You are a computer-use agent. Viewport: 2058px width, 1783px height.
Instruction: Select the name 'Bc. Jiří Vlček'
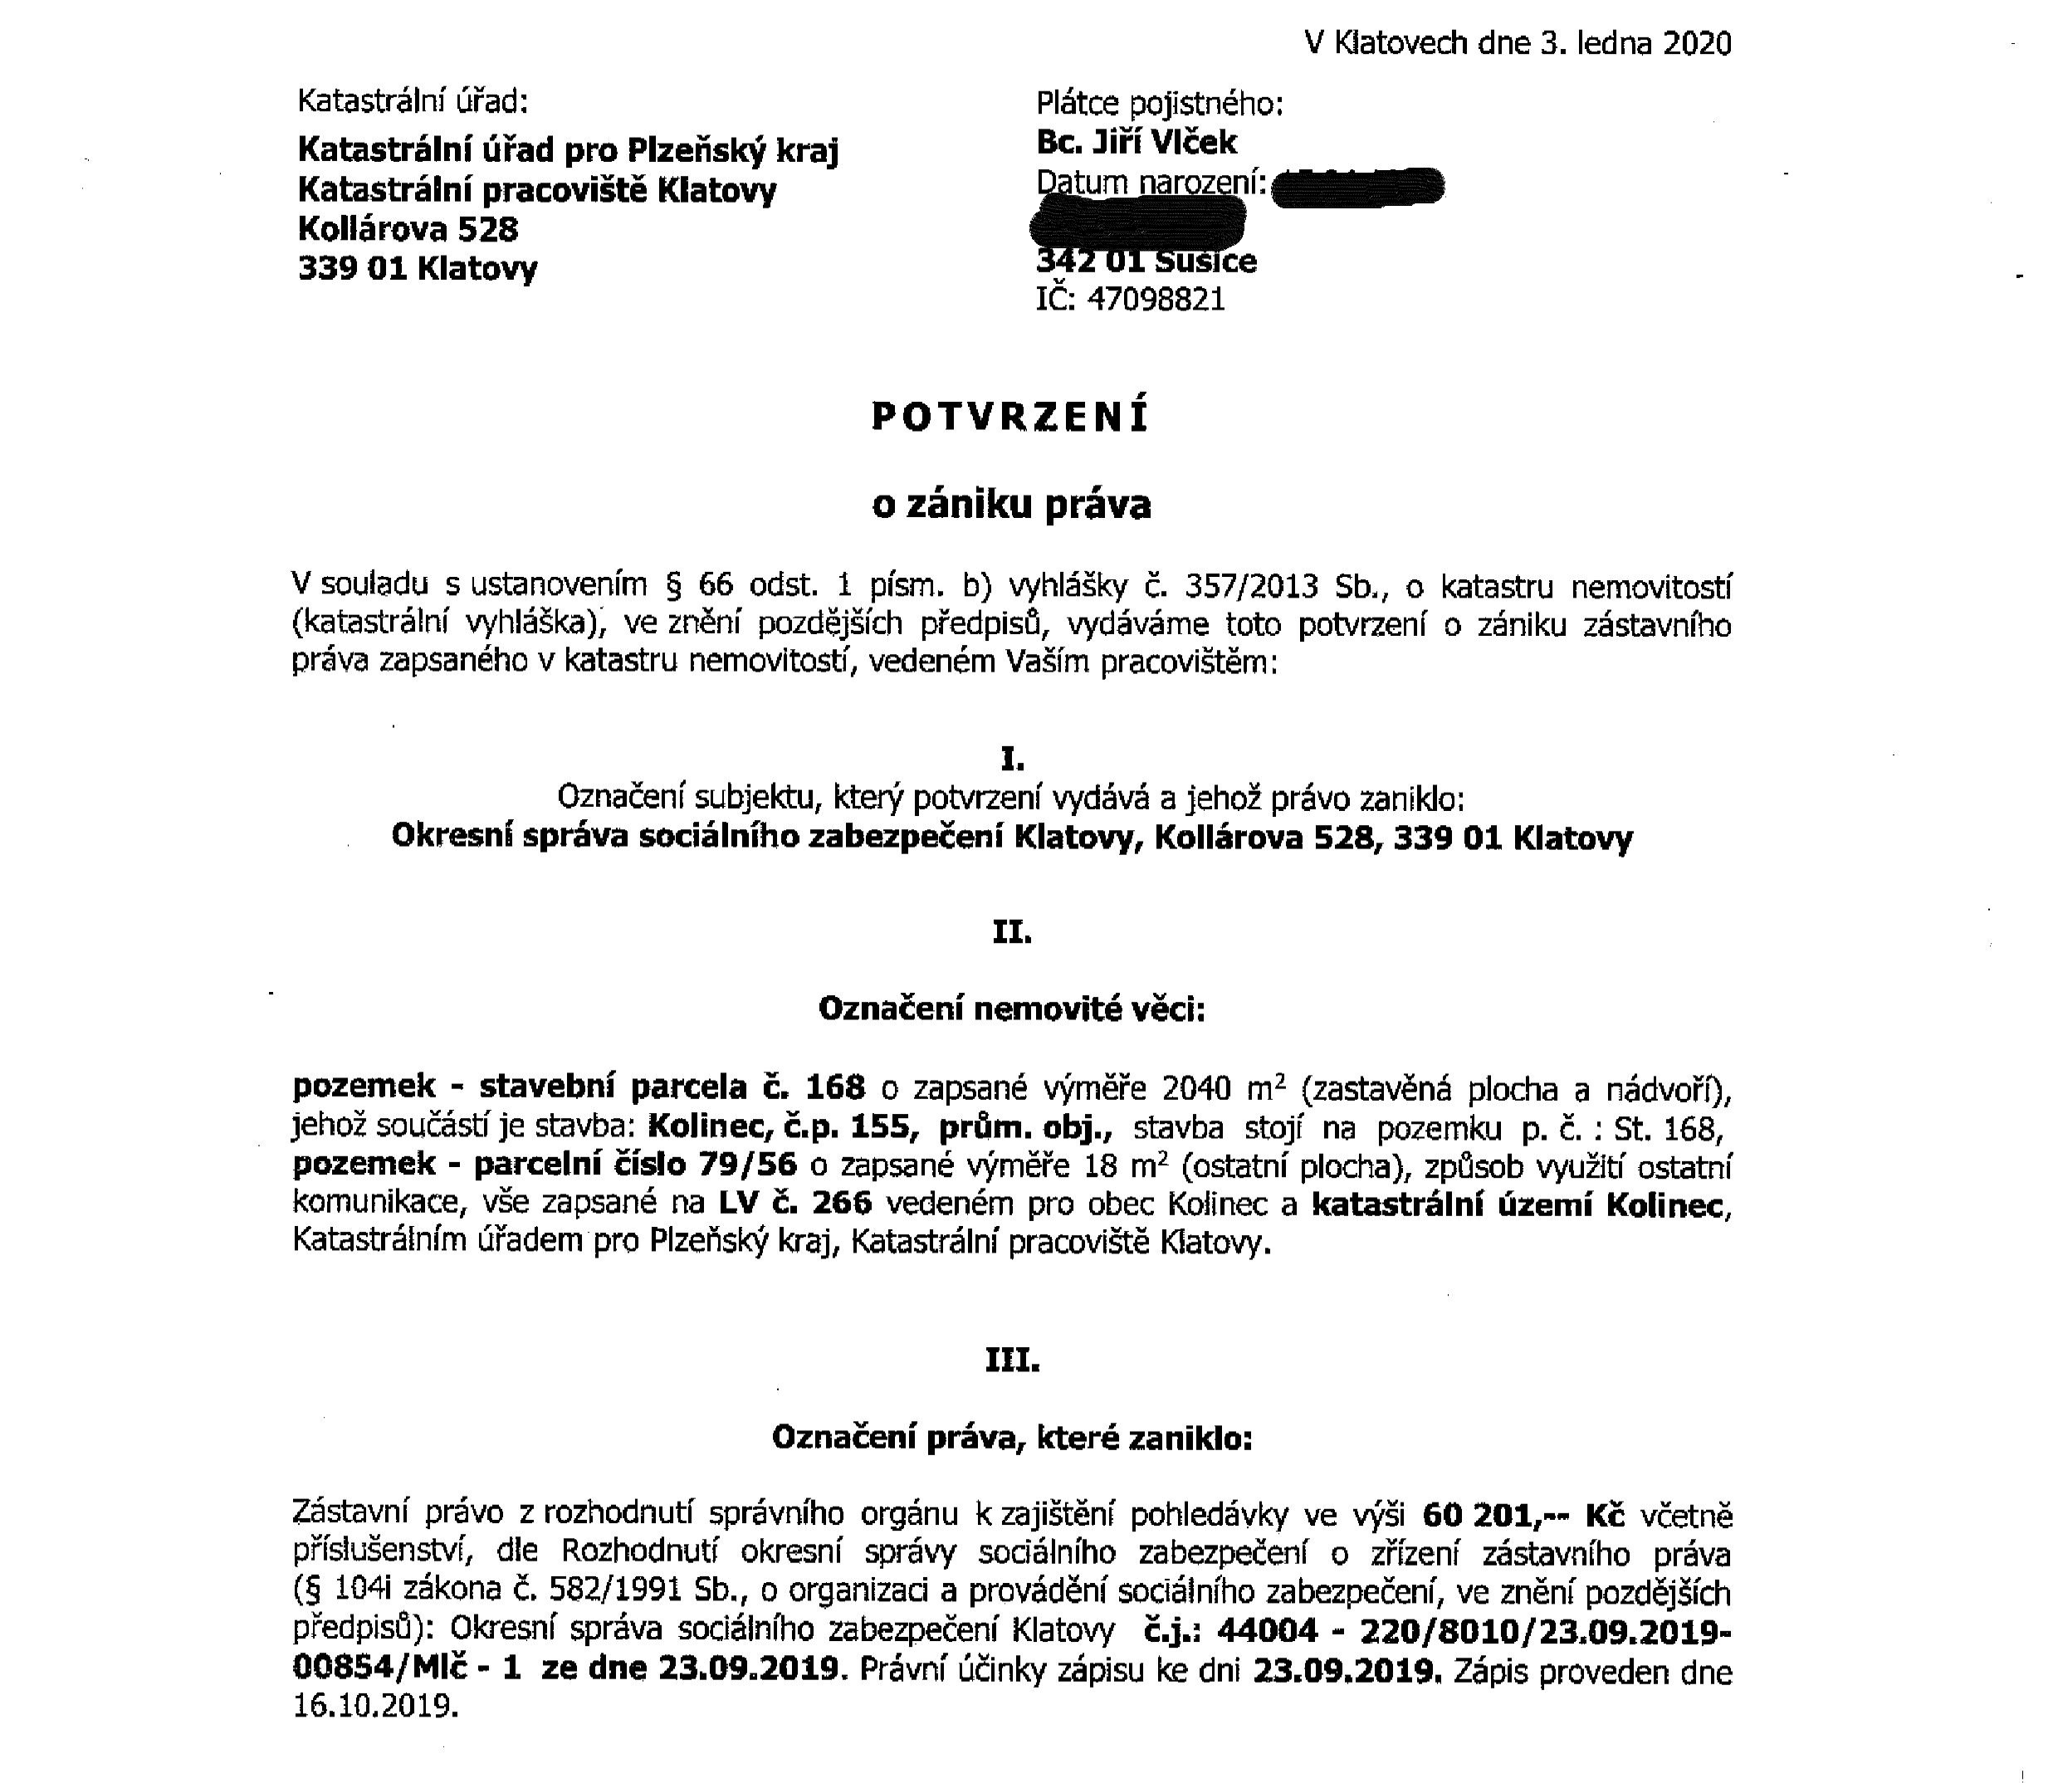pyautogui.click(x=1137, y=142)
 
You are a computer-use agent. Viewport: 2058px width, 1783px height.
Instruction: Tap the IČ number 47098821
pyautogui.click(x=1156, y=300)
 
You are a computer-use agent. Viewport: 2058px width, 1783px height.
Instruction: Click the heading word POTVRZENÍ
pyautogui.click(x=1010, y=417)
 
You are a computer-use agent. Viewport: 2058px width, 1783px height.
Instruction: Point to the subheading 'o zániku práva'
pyautogui.click(x=1011, y=505)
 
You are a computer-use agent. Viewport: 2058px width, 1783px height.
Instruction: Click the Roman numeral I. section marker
pyautogui.click(x=1012, y=760)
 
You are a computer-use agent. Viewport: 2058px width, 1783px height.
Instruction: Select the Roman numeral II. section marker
pyautogui.click(x=1012, y=933)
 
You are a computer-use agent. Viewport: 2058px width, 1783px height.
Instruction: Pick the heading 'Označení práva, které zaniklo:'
pyautogui.click(x=1012, y=1439)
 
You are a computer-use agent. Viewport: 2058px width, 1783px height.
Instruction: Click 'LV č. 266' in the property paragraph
pyautogui.click(x=795, y=1203)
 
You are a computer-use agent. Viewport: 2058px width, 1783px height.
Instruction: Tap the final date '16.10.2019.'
pyautogui.click(x=376, y=1708)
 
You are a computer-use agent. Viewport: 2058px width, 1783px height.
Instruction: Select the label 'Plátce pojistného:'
pyautogui.click(x=1160, y=104)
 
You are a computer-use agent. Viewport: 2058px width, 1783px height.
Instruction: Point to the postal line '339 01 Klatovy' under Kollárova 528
pyautogui.click(x=417, y=269)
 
